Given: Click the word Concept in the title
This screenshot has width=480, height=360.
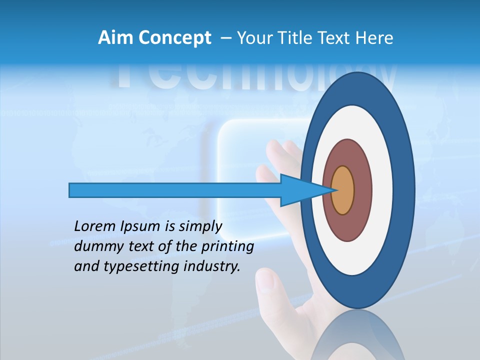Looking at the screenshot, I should point(174,38).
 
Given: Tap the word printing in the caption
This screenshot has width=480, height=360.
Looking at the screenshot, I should point(228,246).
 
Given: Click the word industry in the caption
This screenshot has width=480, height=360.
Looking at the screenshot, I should point(212,266).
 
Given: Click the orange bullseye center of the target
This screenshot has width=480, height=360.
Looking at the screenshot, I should point(343,190).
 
